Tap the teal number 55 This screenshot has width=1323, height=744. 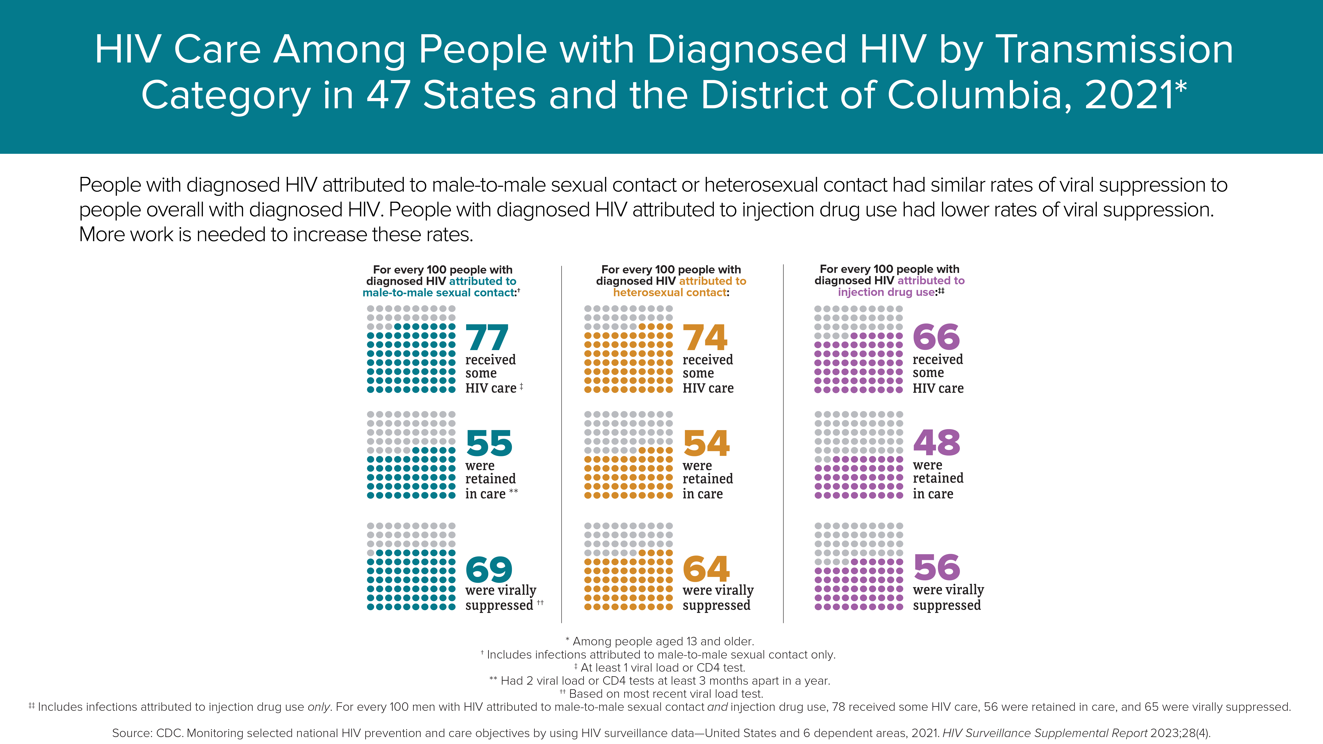click(x=489, y=443)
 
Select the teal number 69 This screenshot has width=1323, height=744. click(x=489, y=569)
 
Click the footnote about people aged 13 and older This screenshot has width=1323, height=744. click(x=660, y=641)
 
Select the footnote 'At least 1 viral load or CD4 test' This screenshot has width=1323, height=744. click(x=660, y=667)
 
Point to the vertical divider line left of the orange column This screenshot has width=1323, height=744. click(x=562, y=444)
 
